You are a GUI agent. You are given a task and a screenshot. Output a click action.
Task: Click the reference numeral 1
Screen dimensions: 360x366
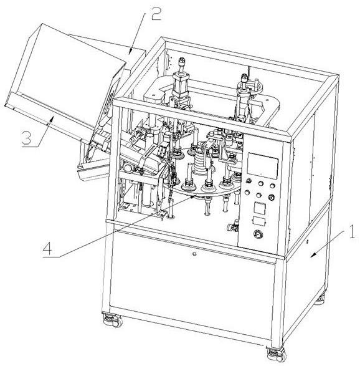click(x=351, y=231)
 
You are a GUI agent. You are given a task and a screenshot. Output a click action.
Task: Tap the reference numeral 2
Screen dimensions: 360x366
click(x=156, y=12)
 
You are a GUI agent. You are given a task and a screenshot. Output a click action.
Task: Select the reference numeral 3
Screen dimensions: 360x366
click(x=26, y=138)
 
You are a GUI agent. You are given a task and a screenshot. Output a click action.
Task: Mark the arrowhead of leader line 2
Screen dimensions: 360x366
click(x=130, y=51)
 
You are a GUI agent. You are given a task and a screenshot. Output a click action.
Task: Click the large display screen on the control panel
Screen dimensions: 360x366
click(x=263, y=166)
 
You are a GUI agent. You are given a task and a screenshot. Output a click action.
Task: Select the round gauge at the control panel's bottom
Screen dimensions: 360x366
click(x=257, y=234)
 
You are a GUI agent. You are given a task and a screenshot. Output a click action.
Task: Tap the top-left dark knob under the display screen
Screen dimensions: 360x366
click(x=249, y=181)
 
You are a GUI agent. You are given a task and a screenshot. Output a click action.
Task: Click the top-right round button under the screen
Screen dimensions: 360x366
click(x=272, y=186)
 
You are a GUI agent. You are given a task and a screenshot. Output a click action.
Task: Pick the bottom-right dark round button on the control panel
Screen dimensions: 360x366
click(x=271, y=197)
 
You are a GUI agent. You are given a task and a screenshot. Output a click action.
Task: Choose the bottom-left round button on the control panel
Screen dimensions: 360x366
click(x=247, y=193)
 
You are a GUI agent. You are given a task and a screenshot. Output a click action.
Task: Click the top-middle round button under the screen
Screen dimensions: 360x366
click(x=261, y=183)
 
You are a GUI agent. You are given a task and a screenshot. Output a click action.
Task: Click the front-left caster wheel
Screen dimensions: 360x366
click(x=113, y=320)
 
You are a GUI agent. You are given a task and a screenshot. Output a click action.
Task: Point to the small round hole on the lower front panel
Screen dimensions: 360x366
click(x=194, y=254)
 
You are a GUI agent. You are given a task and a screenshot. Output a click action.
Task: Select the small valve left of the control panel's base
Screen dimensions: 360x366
click(x=234, y=226)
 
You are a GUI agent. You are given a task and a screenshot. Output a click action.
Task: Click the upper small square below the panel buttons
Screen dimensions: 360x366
click(x=260, y=208)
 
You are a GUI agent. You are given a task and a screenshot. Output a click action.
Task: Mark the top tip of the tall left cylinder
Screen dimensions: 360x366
click(x=182, y=59)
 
